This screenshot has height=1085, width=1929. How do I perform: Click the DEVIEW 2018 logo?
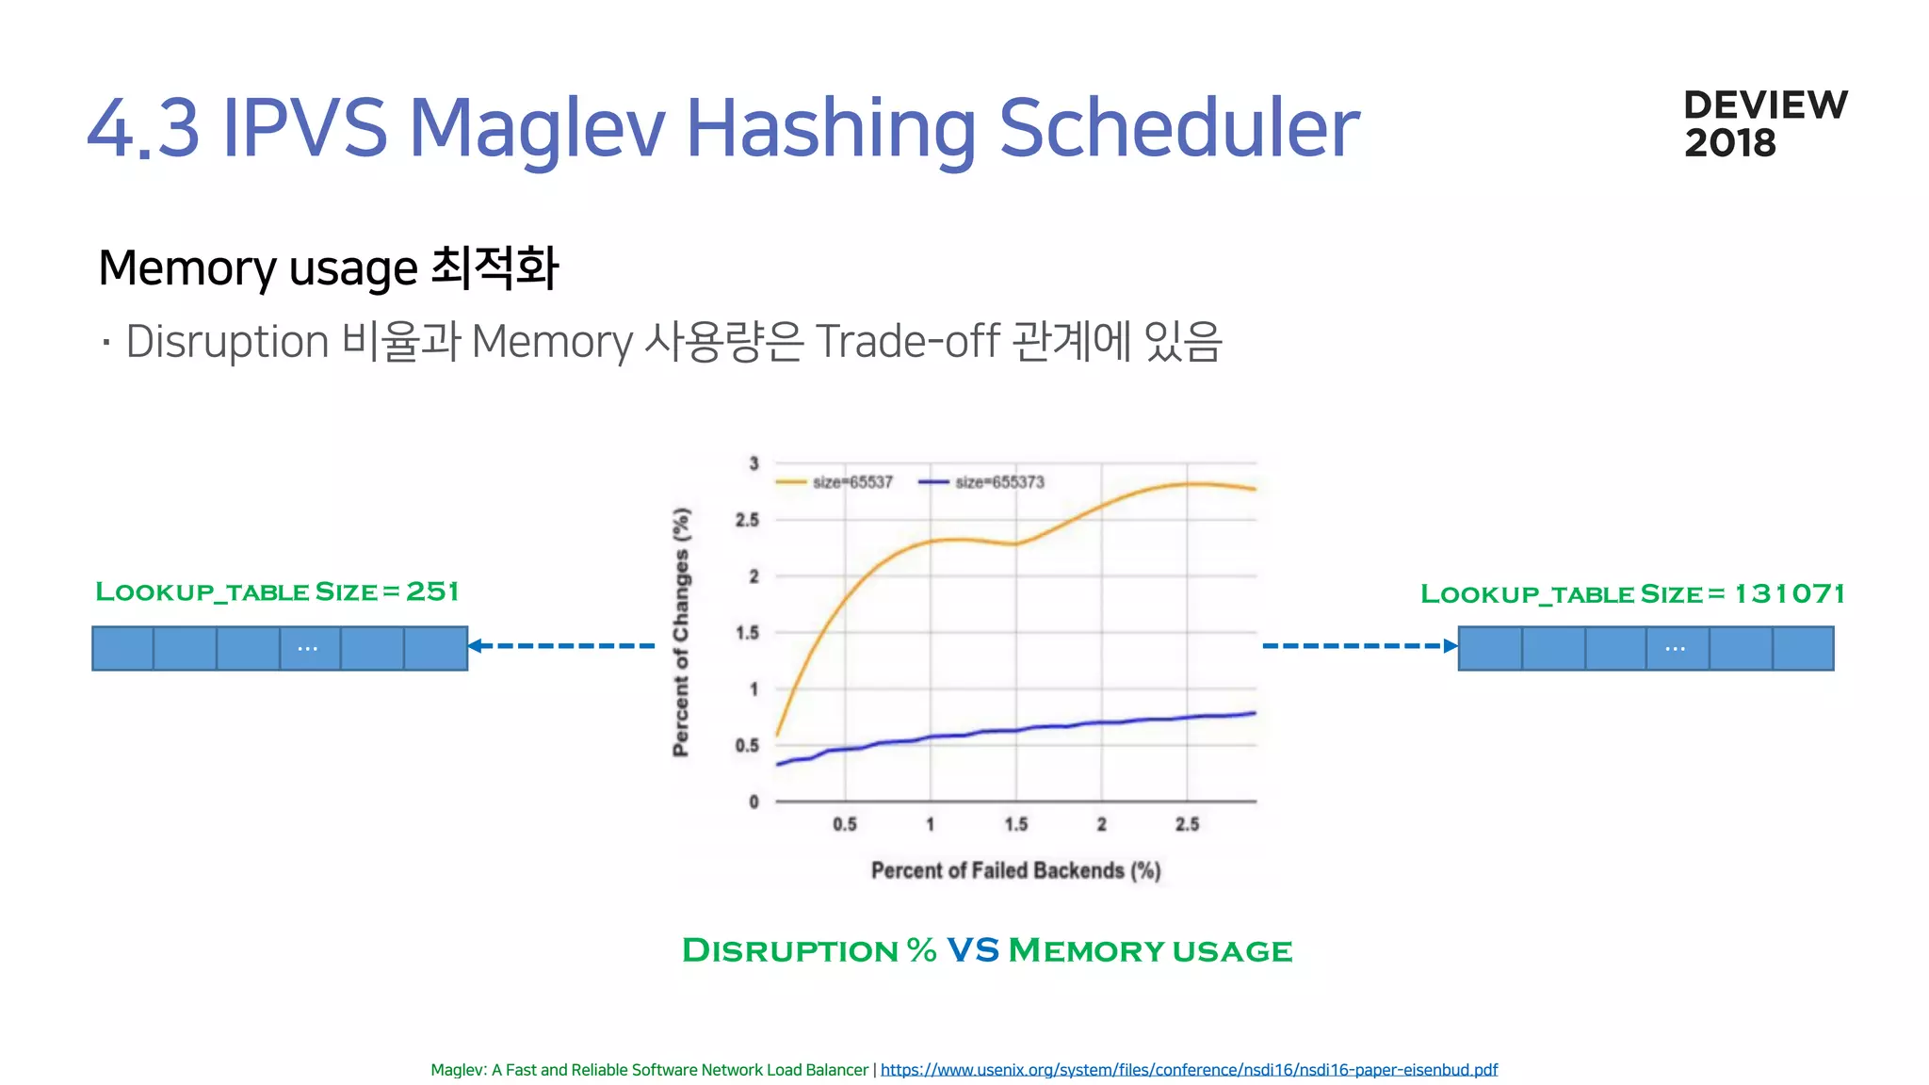(x=1765, y=124)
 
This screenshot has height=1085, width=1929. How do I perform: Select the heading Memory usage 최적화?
(x=329, y=267)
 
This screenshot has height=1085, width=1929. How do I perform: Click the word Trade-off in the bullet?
(x=907, y=341)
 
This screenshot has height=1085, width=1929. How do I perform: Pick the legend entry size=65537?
(x=835, y=482)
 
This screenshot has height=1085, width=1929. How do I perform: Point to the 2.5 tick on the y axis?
(x=747, y=520)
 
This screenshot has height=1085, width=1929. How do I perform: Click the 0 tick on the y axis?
(x=754, y=802)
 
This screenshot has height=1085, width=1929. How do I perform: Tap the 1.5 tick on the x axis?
(x=1015, y=824)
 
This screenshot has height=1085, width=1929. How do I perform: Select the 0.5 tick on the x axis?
(x=845, y=824)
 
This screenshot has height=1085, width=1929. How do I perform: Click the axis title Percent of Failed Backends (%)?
(x=1015, y=870)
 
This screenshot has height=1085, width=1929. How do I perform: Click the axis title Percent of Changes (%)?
(x=681, y=631)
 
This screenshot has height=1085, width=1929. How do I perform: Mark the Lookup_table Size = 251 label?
(x=277, y=591)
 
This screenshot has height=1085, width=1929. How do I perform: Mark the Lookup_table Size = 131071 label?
(x=1632, y=593)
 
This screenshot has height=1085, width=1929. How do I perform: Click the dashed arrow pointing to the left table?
(x=561, y=645)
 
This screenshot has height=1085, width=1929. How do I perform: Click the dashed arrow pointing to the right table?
(x=1359, y=645)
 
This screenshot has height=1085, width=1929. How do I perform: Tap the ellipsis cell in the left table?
(x=309, y=648)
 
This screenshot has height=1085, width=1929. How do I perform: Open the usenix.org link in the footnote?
(x=1189, y=1070)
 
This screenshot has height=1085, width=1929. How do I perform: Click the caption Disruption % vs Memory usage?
(x=986, y=950)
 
